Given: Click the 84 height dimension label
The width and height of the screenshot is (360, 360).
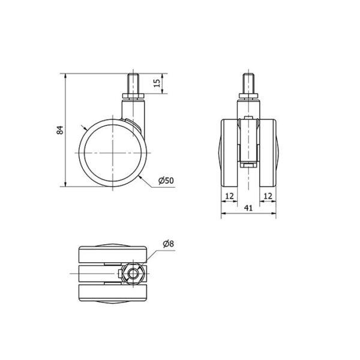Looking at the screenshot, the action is (x=59, y=130).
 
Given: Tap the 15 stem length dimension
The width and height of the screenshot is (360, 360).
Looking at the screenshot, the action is (x=157, y=83).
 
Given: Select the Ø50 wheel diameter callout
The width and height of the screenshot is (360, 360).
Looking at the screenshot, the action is (x=166, y=181).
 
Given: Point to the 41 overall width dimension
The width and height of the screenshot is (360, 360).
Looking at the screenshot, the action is (x=248, y=208).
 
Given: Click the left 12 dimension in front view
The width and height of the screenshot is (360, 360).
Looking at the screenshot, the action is (x=229, y=196).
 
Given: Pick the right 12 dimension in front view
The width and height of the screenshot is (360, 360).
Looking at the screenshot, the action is (x=268, y=196).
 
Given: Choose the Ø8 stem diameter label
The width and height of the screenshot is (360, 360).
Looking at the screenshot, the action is (x=168, y=244).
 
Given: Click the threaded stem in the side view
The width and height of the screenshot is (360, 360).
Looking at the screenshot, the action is (x=133, y=83).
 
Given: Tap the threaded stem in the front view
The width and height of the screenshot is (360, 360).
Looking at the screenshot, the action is (x=248, y=83).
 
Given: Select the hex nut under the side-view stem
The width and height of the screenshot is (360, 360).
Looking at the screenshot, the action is (x=133, y=96).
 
